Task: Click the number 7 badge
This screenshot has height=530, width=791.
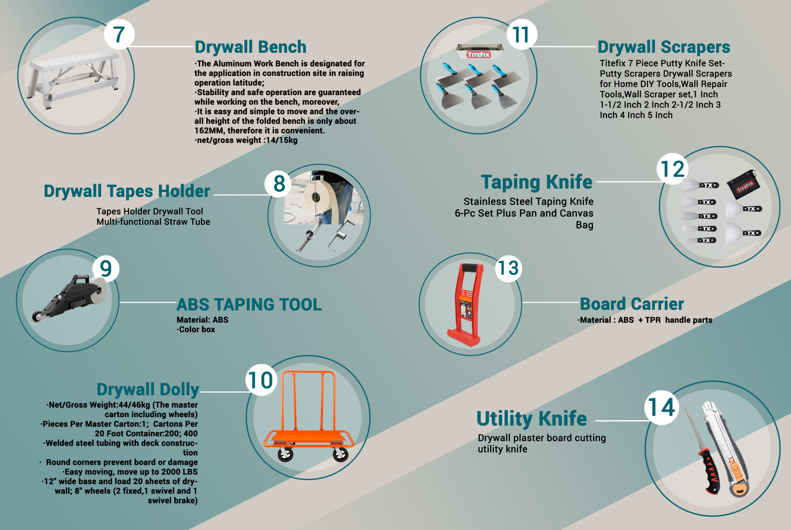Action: click(x=119, y=35)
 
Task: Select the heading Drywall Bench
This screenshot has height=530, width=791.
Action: click(x=251, y=47)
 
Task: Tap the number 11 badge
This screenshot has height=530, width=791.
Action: click(x=522, y=35)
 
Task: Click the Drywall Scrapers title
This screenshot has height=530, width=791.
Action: click(x=664, y=47)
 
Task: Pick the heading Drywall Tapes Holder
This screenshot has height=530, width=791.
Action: click(x=127, y=191)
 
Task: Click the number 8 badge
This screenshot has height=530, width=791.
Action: click(x=279, y=184)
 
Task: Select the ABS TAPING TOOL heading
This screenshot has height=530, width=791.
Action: click(x=249, y=304)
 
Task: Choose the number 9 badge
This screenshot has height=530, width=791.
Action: click(x=106, y=269)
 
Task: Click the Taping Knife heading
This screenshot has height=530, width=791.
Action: click(x=537, y=183)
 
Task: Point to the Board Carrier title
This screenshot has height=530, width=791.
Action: click(x=632, y=304)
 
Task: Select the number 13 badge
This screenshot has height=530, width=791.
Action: click(x=509, y=268)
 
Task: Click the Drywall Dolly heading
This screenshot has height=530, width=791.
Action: click(x=148, y=390)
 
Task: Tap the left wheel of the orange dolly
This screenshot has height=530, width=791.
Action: click(x=286, y=454)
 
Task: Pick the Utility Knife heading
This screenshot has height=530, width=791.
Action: click(x=532, y=418)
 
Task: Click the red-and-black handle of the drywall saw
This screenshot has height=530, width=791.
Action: click(x=709, y=472)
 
